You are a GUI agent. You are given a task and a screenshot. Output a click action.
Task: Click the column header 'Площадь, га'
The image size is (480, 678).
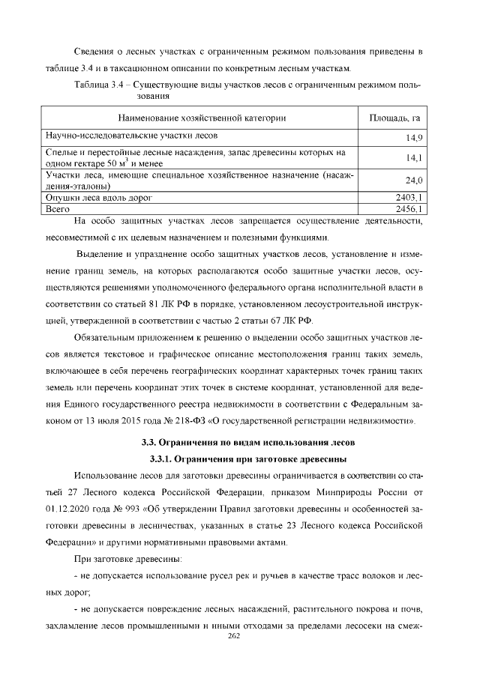[x=394, y=118]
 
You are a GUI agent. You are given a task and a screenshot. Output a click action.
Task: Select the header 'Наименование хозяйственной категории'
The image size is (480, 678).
[x=202, y=118]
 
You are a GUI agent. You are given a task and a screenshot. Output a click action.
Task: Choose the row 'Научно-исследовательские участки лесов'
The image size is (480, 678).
[x=132, y=136]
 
